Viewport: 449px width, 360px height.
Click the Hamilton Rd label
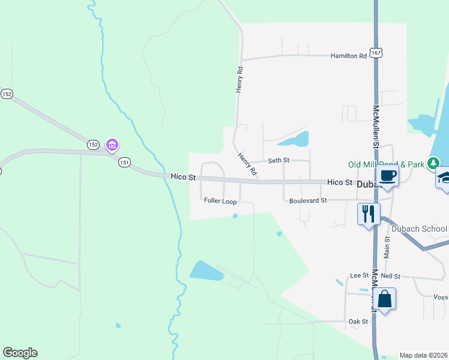348,56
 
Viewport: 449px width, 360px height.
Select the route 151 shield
124,162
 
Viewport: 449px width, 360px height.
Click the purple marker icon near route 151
112,145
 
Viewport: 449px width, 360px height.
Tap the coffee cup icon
387,175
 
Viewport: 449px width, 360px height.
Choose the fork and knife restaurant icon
368,212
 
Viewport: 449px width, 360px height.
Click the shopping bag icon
385,298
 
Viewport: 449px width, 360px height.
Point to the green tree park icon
433,163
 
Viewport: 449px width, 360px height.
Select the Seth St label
279,160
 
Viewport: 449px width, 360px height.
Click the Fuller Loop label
220,201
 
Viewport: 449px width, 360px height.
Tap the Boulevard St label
307,200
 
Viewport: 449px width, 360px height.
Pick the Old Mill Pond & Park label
386,164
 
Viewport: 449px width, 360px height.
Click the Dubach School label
419,229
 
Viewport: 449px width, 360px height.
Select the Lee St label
359,275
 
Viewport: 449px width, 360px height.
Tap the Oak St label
358,322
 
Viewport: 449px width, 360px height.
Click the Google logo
20,353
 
